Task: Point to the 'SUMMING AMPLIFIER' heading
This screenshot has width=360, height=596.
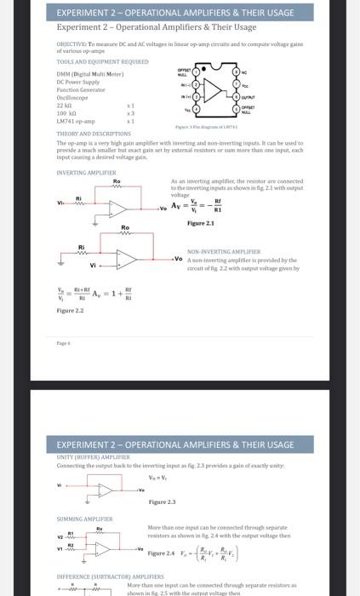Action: click(x=84, y=519)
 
